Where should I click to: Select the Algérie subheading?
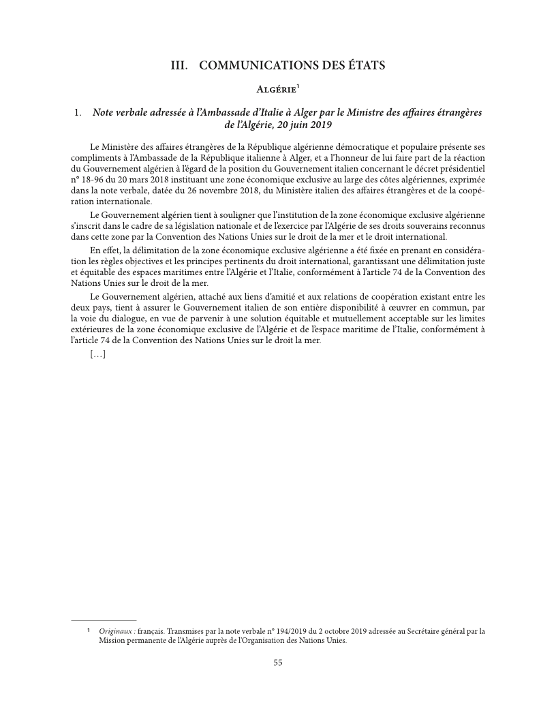pyautogui.click(x=275, y=90)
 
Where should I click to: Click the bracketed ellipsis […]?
pyautogui.click(x=97, y=353)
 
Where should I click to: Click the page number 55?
pyautogui.click(x=278, y=662)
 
